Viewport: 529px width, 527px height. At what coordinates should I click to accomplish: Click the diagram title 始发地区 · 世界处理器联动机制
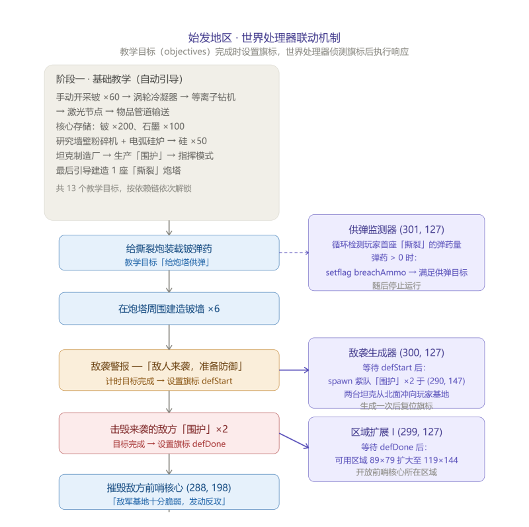point(264,38)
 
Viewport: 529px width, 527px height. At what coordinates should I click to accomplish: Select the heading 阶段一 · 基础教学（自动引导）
point(120,79)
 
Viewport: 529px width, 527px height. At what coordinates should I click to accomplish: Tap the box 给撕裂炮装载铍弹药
point(169,253)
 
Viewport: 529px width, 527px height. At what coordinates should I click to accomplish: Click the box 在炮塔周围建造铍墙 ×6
point(169,308)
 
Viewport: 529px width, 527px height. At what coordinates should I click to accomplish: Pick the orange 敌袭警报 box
point(169,370)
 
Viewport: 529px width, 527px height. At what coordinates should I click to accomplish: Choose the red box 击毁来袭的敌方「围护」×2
point(169,433)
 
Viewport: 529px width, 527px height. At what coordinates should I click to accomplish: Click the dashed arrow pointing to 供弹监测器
point(294,253)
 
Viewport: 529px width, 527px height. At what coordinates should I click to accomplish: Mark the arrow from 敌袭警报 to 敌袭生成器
point(294,370)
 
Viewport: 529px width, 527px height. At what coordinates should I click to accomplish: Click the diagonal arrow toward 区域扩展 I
point(294,440)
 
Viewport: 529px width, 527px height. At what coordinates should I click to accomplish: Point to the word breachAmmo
point(380,272)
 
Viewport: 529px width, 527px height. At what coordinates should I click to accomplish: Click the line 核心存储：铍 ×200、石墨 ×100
point(120,126)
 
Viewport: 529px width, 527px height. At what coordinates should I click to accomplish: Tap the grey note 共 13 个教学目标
point(124,188)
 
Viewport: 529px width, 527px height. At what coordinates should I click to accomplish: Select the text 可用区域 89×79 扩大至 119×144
point(396,460)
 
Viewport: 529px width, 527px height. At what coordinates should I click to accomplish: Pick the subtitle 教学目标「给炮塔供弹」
point(168,262)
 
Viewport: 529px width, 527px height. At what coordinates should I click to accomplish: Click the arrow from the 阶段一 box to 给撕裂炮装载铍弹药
point(169,227)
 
